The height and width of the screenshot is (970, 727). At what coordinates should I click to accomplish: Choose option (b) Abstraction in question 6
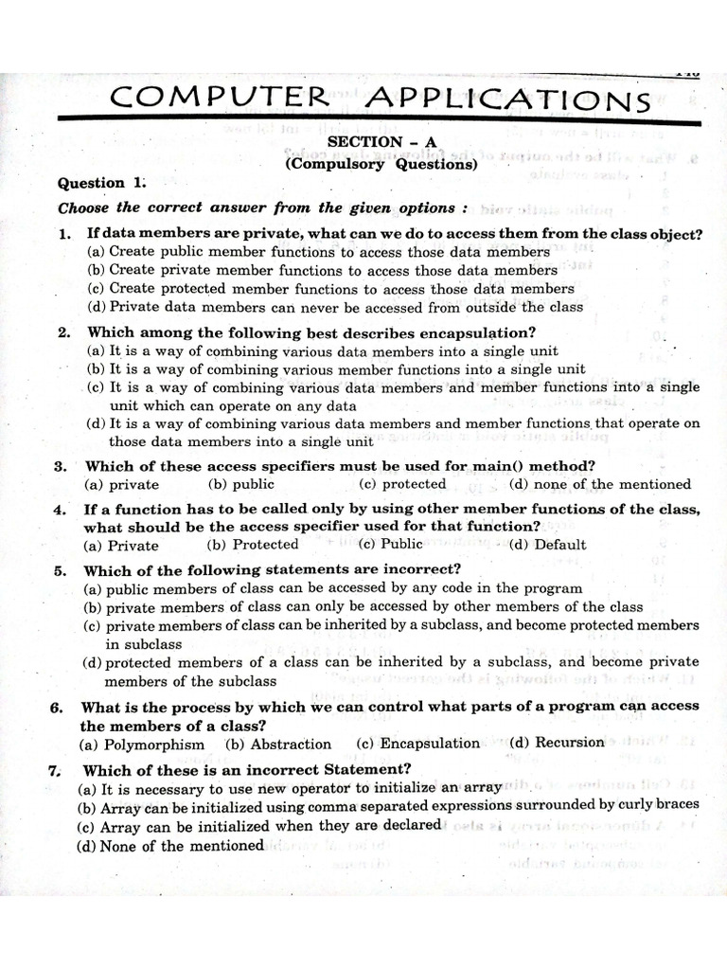(x=279, y=745)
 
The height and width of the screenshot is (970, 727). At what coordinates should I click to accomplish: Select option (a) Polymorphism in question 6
(x=142, y=745)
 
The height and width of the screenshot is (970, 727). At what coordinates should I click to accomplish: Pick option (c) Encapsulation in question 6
(x=418, y=744)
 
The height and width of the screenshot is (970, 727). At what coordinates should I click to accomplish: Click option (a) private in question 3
(x=122, y=485)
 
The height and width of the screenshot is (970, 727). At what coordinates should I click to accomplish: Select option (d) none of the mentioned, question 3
(x=599, y=484)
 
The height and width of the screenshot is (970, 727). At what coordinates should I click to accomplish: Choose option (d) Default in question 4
(x=547, y=545)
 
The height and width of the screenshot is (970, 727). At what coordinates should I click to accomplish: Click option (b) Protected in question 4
(x=253, y=545)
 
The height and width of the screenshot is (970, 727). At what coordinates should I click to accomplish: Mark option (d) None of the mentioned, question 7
(x=170, y=846)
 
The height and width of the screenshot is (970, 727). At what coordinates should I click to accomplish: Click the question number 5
(x=60, y=570)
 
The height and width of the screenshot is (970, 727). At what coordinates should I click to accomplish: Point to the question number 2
(x=63, y=332)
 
